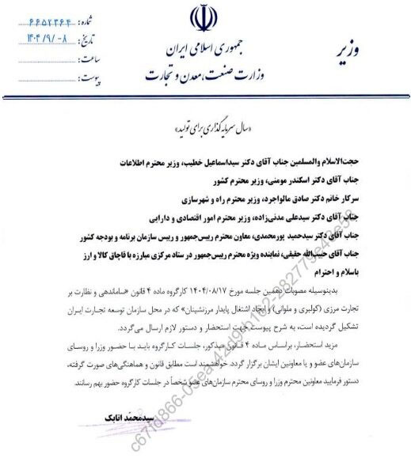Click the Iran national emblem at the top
(200, 23)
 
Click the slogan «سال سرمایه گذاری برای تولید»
(209, 130)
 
